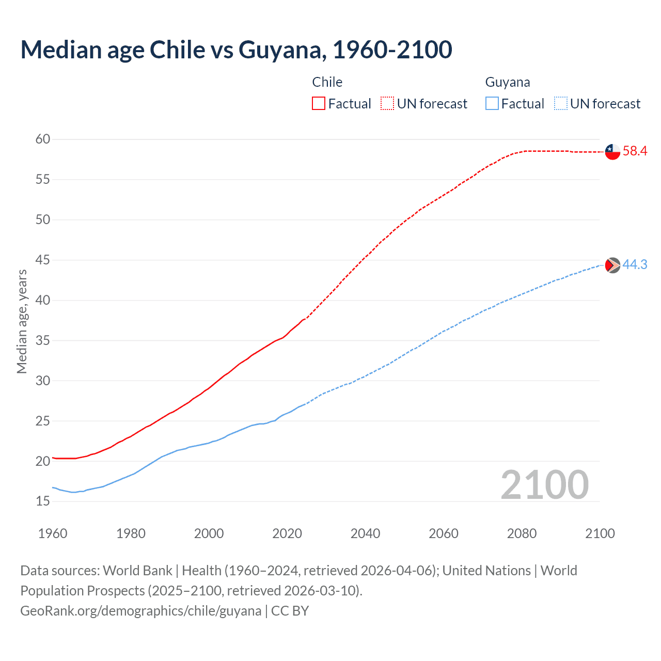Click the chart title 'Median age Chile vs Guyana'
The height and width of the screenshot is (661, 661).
pos(236,50)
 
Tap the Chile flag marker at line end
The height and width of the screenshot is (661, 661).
pos(612,152)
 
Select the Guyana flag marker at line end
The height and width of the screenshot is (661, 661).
pos(612,265)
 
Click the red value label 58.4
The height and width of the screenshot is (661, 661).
pos(635,151)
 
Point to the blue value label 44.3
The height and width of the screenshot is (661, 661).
pos(635,264)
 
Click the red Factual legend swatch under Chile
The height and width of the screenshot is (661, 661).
pos(319,104)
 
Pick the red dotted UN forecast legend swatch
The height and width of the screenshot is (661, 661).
pos(387,104)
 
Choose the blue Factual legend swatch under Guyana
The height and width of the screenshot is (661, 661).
pos(492,104)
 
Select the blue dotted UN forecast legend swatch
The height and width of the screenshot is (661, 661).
pos(560,104)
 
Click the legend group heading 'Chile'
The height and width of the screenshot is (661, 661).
pos(327,82)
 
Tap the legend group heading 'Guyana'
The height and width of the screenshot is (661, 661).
pos(507,82)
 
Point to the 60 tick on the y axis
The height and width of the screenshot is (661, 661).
pos(43,139)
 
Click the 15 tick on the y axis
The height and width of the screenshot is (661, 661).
pos(43,501)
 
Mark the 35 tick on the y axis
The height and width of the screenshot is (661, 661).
pos(43,340)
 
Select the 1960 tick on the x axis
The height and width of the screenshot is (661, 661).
pos(53,533)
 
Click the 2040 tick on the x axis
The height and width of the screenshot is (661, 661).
pos(365,533)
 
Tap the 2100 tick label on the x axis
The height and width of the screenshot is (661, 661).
pos(600,533)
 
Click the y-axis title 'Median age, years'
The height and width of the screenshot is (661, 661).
pos(22,321)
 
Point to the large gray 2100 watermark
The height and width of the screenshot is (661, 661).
pos(544,484)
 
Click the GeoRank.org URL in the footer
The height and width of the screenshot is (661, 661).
pos(140,611)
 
